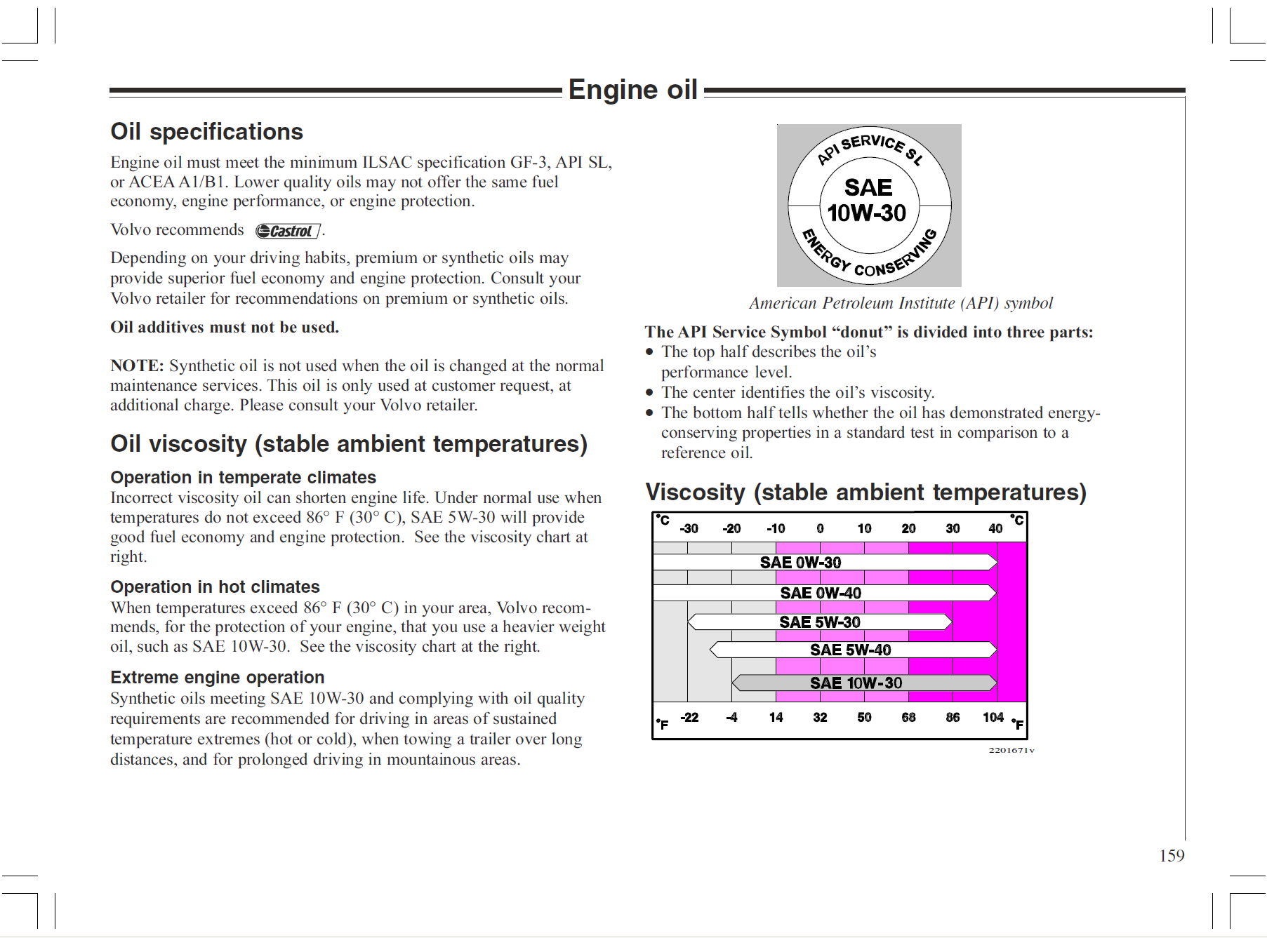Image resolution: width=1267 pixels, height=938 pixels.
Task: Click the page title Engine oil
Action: pyautogui.click(x=632, y=90)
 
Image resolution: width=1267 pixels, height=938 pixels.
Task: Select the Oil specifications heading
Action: pyautogui.click(x=206, y=132)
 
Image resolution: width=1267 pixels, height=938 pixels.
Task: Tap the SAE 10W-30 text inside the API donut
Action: pyautogui.click(x=868, y=201)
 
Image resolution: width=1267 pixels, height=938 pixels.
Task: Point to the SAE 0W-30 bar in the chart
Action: pyautogui.click(x=824, y=562)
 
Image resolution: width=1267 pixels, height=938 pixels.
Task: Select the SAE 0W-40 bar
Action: pyautogui.click(x=824, y=593)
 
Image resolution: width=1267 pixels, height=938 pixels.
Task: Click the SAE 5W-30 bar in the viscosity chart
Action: pyautogui.click(x=820, y=622)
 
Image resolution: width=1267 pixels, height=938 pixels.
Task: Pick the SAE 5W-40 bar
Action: pyautogui.click(x=852, y=650)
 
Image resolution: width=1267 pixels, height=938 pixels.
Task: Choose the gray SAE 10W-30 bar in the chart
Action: pyautogui.click(x=863, y=683)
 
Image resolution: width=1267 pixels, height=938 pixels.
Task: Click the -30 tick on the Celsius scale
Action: pyautogui.click(x=689, y=528)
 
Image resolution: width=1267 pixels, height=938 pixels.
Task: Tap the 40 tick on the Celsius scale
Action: pyautogui.click(x=995, y=528)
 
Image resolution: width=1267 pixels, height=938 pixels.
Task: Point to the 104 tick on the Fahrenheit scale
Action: pyautogui.click(x=993, y=717)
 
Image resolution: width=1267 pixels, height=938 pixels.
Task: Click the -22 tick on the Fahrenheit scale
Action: pyautogui.click(x=689, y=717)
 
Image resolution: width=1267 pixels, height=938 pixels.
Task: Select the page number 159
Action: pyautogui.click(x=1172, y=855)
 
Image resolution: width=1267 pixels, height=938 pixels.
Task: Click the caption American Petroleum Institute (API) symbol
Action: pyautogui.click(x=901, y=303)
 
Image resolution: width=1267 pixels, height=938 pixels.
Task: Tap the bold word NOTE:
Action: pyautogui.click(x=137, y=366)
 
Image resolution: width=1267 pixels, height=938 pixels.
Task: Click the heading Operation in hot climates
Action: pyautogui.click(x=215, y=587)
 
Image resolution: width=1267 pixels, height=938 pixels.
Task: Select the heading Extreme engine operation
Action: pyautogui.click(x=217, y=677)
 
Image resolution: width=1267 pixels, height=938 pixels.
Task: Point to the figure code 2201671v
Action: pyautogui.click(x=1011, y=750)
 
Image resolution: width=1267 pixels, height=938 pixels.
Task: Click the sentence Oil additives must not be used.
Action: pyautogui.click(x=225, y=327)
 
